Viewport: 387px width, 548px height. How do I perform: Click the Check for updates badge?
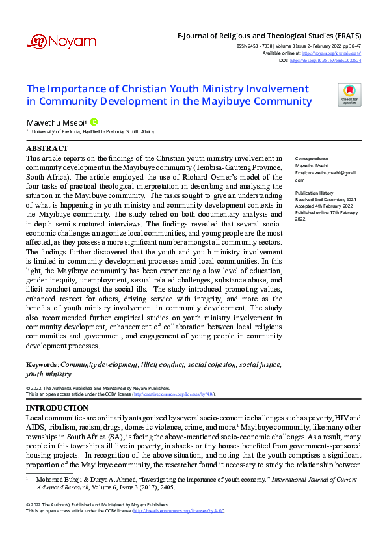pos(349,95)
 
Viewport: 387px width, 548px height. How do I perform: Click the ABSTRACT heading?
pos(47,149)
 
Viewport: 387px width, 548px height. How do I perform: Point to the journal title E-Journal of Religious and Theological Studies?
pos(269,36)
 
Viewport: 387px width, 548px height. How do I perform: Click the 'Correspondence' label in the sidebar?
pos(312,159)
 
